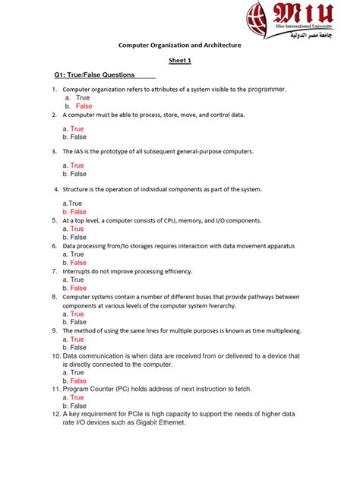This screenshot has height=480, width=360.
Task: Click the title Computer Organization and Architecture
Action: [x=179, y=46]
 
